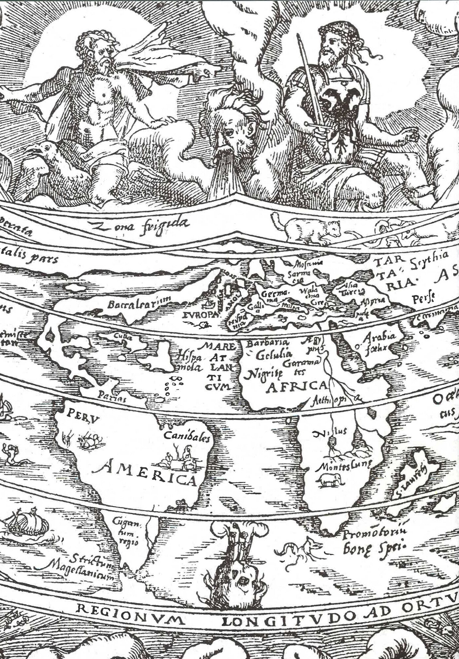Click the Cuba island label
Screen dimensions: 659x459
(123, 337)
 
